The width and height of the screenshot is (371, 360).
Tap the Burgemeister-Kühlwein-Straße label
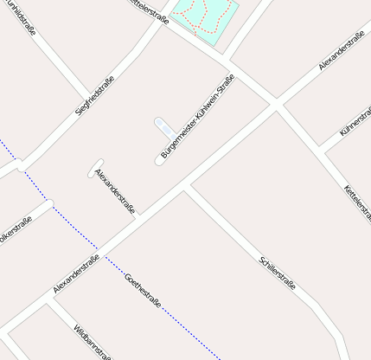pyautogui.click(x=198, y=119)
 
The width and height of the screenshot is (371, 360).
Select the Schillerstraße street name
pyautogui.click(x=278, y=272)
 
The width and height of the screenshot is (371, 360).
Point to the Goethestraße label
pyautogui.click(x=144, y=290)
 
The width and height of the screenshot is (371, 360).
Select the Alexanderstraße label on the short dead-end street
pyautogui.click(x=115, y=191)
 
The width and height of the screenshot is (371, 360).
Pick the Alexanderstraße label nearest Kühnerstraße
pyautogui.click(x=341, y=51)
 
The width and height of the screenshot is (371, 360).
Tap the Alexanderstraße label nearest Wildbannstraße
pyautogui.click(x=77, y=273)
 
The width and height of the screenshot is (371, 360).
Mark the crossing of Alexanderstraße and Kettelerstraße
pyautogui.click(x=277, y=105)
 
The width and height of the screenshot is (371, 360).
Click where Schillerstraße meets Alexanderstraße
pyautogui.click(x=185, y=187)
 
